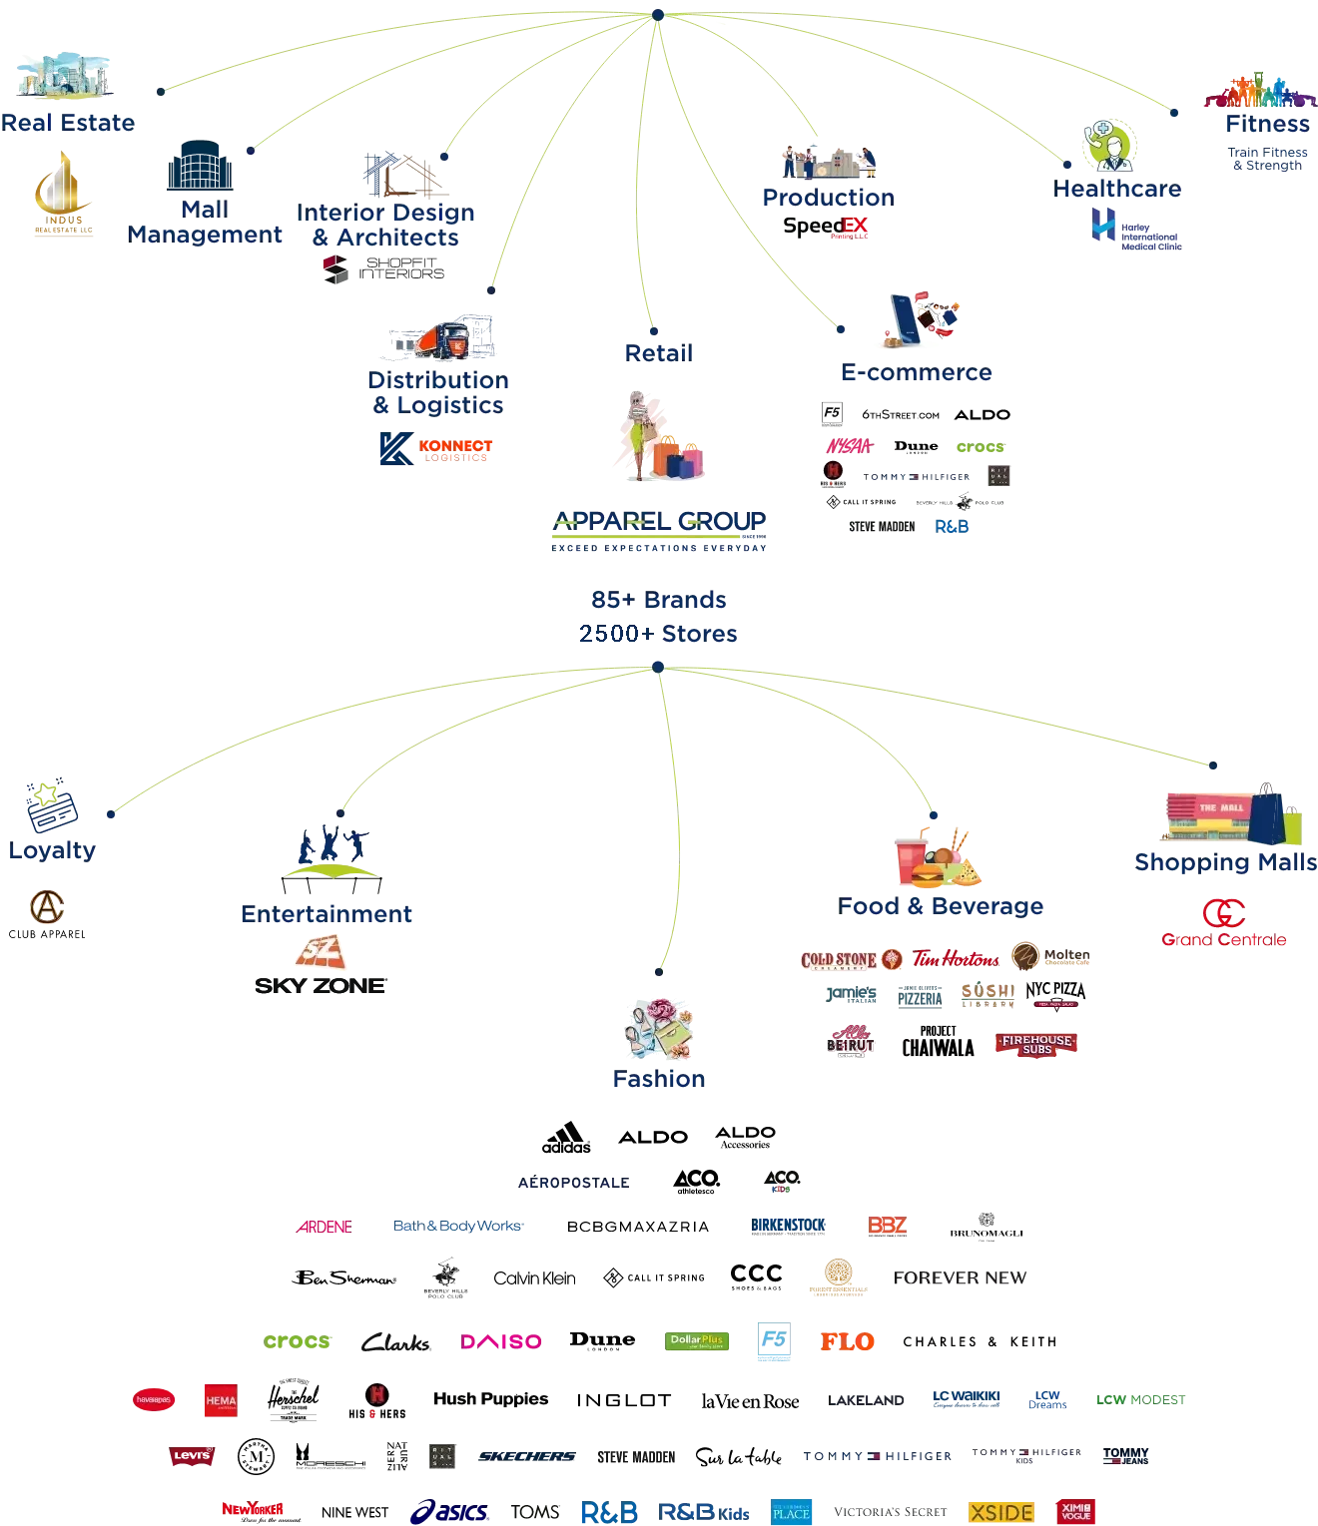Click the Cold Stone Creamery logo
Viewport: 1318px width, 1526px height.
(850, 959)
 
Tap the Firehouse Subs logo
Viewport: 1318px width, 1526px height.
(1034, 1044)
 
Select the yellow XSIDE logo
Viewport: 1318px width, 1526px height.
(1000, 1512)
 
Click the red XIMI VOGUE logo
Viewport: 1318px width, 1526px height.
(1076, 1511)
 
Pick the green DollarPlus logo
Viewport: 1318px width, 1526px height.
(697, 1341)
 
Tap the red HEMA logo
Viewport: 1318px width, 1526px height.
(220, 1400)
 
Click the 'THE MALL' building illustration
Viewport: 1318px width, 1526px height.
(1205, 814)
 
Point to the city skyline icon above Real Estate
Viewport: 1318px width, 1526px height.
(62, 75)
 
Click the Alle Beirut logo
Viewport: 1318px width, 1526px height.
(852, 1038)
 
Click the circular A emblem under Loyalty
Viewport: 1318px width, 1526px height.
(45, 906)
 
